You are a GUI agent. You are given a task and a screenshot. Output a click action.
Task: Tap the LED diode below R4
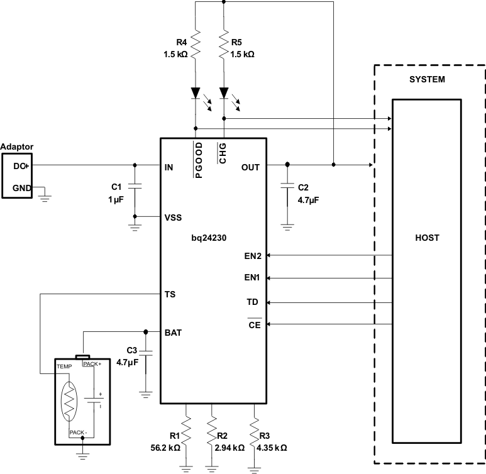click(196, 94)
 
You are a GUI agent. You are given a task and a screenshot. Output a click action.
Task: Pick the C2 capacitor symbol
click(287, 187)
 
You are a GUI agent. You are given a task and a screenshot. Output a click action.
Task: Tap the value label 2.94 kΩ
click(231, 448)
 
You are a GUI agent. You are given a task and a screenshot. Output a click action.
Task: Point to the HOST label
click(427, 238)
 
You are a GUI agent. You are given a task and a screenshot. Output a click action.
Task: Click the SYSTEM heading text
click(427, 80)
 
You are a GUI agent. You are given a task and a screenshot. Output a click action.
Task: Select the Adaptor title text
click(17, 146)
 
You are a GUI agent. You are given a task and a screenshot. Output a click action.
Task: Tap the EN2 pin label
click(253, 256)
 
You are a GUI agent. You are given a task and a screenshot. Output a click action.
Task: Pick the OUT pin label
click(251, 167)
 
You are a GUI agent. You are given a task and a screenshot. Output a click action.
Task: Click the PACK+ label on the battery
click(92, 364)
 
